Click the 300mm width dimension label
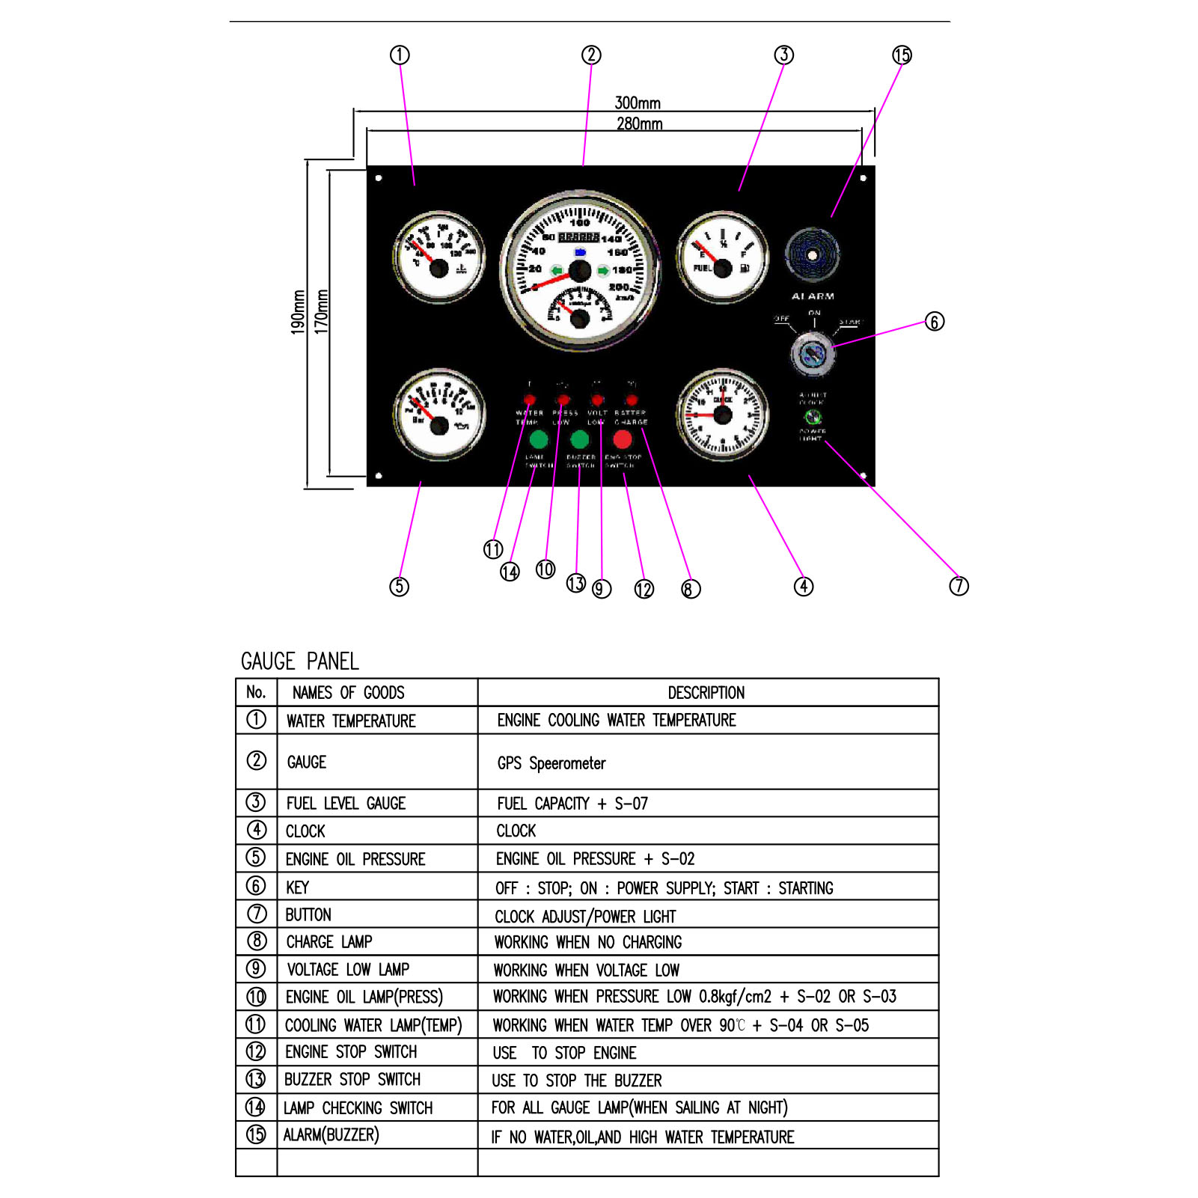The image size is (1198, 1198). click(x=638, y=103)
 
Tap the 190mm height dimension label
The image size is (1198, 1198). click(x=298, y=311)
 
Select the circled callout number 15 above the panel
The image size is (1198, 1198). click(x=902, y=55)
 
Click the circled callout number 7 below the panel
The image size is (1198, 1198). click(x=959, y=586)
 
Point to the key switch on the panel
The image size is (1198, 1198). click(x=813, y=353)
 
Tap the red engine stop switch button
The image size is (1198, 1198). click(x=623, y=439)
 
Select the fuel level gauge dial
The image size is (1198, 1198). click(x=722, y=258)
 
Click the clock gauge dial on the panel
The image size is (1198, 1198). click(x=722, y=415)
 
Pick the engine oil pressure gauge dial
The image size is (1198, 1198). click(x=439, y=415)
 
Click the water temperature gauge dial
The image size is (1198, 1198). click(x=439, y=258)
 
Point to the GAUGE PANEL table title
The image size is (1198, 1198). click(x=299, y=661)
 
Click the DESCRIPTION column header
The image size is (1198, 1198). click(x=706, y=693)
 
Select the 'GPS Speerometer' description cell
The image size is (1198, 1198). click(x=551, y=763)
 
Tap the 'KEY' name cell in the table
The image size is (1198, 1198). click(x=297, y=887)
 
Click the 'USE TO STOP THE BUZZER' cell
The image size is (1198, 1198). click(x=577, y=1081)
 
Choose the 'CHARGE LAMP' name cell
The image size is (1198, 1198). click(x=329, y=942)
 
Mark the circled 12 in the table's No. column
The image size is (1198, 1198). click(x=256, y=1052)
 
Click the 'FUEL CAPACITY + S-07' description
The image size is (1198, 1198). click(x=572, y=804)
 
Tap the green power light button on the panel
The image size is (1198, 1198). click(x=813, y=417)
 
